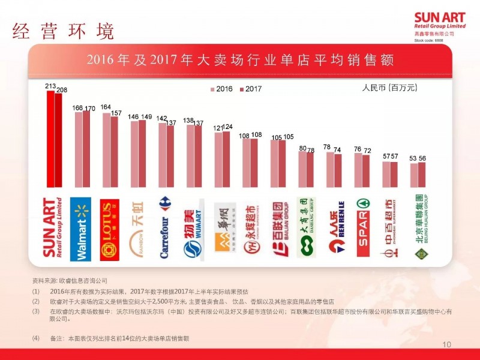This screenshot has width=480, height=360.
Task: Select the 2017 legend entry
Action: click(250, 89)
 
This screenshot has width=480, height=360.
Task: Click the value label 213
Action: click(50, 86)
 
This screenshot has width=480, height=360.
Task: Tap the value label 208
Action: click(61, 90)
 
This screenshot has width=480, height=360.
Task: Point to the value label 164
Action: click(106, 107)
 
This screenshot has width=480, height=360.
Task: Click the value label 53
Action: click(413, 158)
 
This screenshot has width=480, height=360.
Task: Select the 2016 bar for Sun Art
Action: click(50, 139)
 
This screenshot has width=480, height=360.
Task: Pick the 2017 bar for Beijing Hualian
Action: click(422, 175)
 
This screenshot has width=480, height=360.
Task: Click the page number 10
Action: click(446, 344)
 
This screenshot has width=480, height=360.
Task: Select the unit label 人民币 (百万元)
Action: click(389, 88)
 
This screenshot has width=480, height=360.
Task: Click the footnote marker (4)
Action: click(36, 338)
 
